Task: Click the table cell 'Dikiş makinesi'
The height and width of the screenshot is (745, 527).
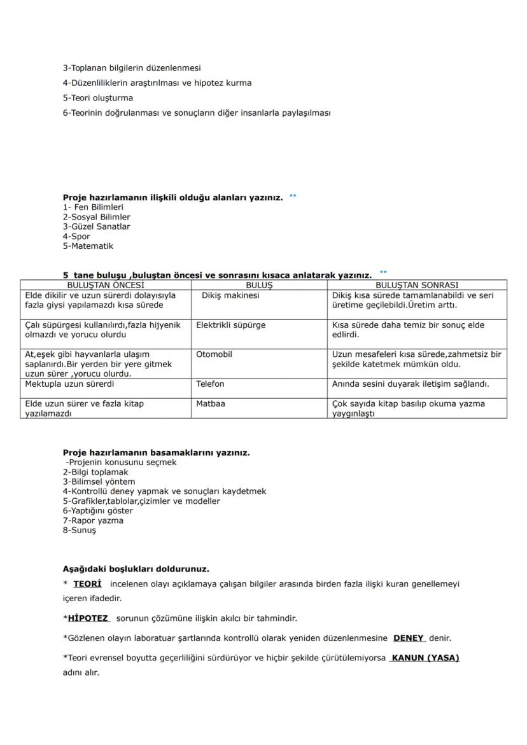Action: click(x=230, y=295)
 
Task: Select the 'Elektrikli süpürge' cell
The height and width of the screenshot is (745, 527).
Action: click(x=230, y=325)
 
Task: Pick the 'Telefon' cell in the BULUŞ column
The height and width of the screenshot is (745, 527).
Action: click(x=210, y=384)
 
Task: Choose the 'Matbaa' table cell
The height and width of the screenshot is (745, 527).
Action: click(x=210, y=404)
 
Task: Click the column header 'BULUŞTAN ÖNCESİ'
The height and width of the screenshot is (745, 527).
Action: click(x=106, y=286)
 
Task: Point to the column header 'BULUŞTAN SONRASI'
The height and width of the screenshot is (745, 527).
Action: click(x=417, y=286)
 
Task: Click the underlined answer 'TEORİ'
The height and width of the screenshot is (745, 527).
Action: click(x=87, y=584)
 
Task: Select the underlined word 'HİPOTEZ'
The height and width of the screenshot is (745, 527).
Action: click(x=88, y=618)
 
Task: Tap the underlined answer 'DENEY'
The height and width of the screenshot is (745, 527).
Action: click(x=409, y=638)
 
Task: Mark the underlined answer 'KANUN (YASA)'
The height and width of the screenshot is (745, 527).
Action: click(x=425, y=658)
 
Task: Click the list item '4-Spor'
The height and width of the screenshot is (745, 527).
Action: click(x=76, y=237)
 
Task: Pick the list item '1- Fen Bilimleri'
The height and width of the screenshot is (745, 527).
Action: click(x=93, y=207)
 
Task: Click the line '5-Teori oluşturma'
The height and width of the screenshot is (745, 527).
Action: click(x=97, y=99)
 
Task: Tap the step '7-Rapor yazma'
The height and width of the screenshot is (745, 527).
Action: click(x=93, y=520)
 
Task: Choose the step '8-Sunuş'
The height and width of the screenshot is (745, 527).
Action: click(x=79, y=531)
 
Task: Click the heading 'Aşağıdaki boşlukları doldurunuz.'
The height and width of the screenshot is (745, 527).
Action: click(x=136, y=569)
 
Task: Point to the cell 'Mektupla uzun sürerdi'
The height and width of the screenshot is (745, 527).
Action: click(x=69, y=384)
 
